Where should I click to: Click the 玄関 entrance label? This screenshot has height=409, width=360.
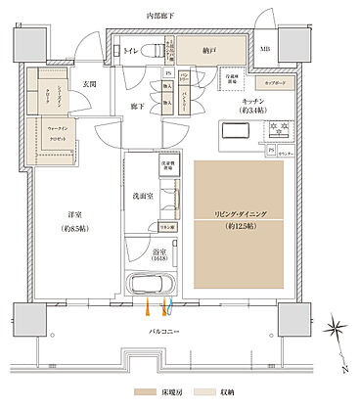click(89, 85)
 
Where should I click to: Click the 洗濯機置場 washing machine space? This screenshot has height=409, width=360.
click(167, 166)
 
